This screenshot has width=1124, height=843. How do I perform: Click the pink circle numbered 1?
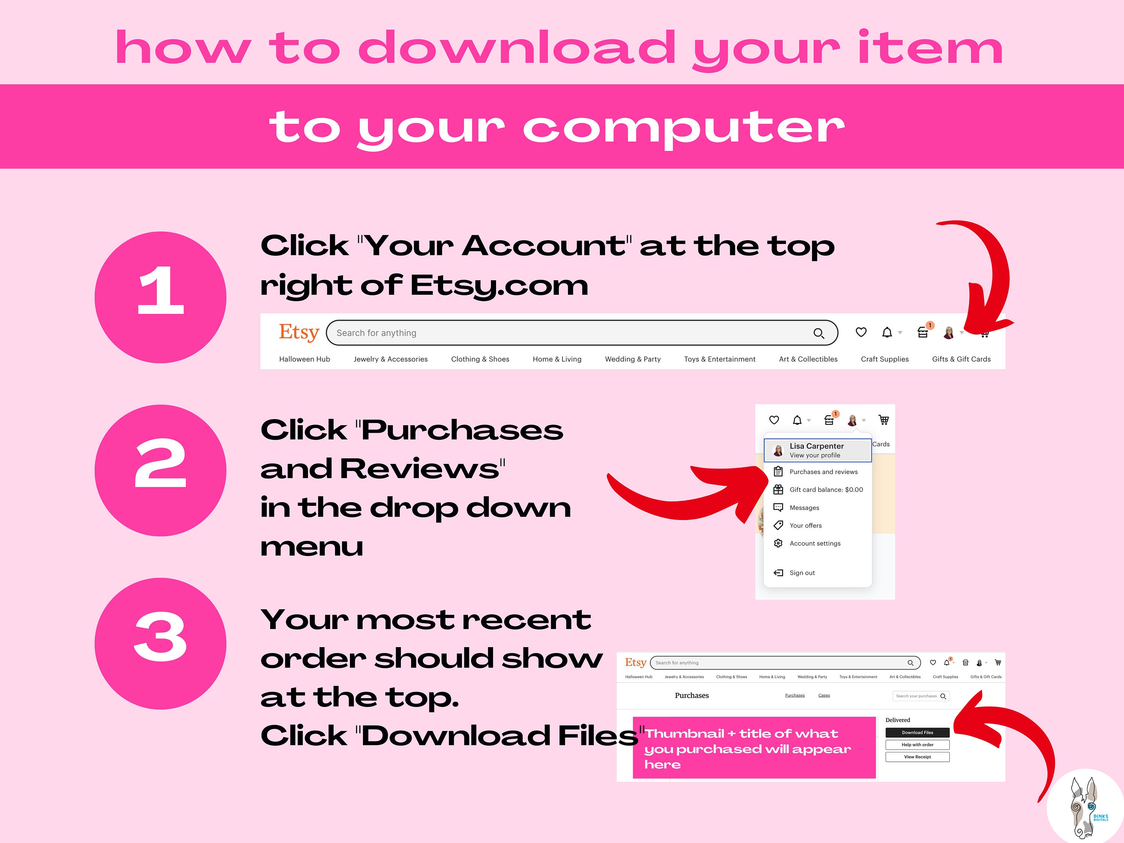[x=161, y=297]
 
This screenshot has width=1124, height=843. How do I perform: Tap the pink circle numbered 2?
[x=161, y=471]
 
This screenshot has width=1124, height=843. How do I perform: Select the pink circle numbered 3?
[x=161, y=643]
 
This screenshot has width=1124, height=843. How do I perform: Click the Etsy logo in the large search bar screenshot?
[x=299, y=332]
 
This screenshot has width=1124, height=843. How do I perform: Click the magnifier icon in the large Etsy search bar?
[x=819, y=333]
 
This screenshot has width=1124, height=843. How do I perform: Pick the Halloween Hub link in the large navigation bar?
[x=304, y=359]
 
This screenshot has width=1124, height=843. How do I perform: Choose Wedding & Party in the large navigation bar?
[x=633, y=359]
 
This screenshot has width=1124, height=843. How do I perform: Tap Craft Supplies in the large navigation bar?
[x=885, y=359]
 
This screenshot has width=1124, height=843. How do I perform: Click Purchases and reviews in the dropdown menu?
[x=823, y=472]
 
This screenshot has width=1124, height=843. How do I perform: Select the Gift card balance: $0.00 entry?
[x=826, y=490]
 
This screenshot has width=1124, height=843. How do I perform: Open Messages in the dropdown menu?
[x=804, y=508]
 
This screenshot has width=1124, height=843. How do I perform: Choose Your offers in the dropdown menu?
[x=806, y=525]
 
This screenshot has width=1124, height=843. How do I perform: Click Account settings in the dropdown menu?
[x=815, y=544]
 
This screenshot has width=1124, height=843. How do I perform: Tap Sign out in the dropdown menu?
[x=802, y=572]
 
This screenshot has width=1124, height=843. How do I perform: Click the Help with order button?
[x=917, y=745]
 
